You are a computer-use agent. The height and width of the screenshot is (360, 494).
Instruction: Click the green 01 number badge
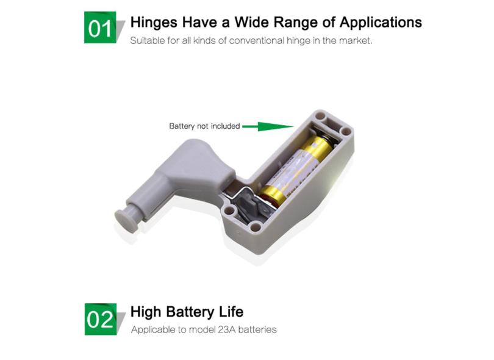[100, 27]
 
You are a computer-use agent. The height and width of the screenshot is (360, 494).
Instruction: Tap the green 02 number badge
[101, 319]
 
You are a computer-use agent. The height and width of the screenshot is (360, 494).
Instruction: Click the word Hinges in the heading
[154, 23]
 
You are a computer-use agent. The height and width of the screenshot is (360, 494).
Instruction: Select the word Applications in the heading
[381, 23]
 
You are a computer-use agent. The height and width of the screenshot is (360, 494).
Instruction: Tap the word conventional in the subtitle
[257, 41]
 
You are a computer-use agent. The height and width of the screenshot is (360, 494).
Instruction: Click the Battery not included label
[204, 126]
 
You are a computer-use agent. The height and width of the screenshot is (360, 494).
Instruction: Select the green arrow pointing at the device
[268, 126]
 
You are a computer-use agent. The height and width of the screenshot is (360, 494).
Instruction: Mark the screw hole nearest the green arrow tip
[320, 116]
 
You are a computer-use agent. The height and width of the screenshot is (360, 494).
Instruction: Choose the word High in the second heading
[146, 312]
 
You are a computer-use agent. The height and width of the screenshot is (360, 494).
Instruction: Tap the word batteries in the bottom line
[257, 329]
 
